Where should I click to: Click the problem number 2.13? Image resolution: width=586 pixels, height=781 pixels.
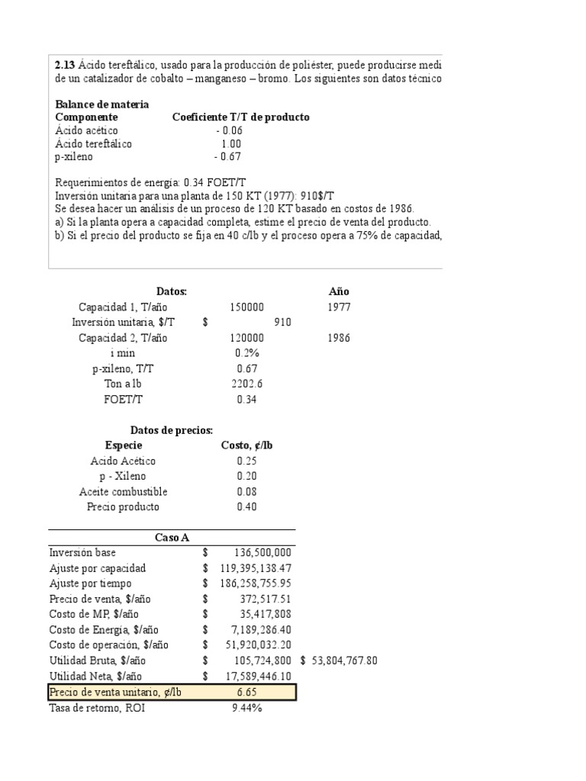tap(65, 65)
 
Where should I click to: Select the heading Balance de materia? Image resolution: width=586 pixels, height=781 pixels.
tap(102, 104)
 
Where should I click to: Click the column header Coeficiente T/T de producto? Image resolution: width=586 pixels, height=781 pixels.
tap(240, 117)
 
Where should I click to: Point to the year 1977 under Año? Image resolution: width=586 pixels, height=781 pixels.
tap(339, 307)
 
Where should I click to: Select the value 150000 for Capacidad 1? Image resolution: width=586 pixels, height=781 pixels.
tap(246, 307)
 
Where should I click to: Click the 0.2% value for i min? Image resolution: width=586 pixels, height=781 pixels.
tap(246, 353)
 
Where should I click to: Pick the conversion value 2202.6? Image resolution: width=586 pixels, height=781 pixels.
tap(246, 384)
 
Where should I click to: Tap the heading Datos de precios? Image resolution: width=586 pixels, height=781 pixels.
tap(171, 431)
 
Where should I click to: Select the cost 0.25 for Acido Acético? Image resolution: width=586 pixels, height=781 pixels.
tap(246, 461)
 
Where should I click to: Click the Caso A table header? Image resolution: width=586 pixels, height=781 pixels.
tap(172, 538)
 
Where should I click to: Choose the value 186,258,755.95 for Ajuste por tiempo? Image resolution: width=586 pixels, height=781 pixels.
tap(250, 583)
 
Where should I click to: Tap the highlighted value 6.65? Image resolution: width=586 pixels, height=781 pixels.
tap(246, 692)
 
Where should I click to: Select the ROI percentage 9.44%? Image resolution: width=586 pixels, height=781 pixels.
tap(246, 708)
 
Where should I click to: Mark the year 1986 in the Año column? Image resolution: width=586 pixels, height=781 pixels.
tap(339, 338)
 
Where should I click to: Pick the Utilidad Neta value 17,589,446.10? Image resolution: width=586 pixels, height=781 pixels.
tap(253, 677)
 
